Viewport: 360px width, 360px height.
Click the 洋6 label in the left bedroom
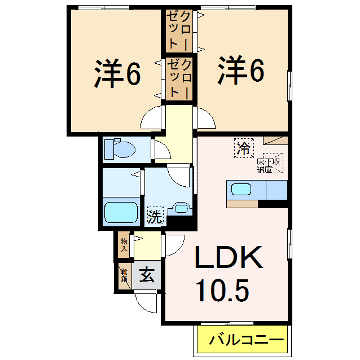point(117,74)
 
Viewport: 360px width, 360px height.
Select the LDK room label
point(229,258)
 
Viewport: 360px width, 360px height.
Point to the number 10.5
point(222,290)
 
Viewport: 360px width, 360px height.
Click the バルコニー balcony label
point(244,340)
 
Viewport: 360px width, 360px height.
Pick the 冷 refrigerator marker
point(244,149)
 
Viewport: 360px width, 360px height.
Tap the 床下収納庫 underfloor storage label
point(270,164)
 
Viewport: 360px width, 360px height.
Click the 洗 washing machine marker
point(153,216)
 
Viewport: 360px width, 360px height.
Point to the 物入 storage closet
point(124,244)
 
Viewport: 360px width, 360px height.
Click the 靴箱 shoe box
point(124,276)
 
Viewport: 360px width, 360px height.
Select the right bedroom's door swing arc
point(204,118)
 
